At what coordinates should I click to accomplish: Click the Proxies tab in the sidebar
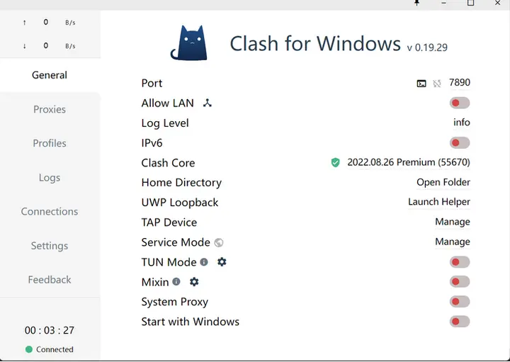click(x=50, y=110)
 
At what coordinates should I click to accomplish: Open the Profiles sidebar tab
click(x=50, y=143)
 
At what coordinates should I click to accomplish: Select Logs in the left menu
click(x=50, y=178)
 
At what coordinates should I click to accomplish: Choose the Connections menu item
click(x=50, y=212)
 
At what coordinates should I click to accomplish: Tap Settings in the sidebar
click(x=50, y=246)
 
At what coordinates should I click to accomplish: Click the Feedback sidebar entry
click(x=50, y=280)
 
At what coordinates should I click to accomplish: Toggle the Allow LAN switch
click(x=460, y=103)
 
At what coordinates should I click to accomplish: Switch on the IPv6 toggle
click(x=460, y=143)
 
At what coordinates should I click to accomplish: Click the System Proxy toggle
click(x=460, y=302)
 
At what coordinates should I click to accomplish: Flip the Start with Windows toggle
click(x=460, y=322)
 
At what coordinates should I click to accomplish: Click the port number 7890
click(x=460, y=83)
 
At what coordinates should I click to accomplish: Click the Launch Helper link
click(x=439, y=202)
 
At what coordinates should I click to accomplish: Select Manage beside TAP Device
click(x=453, y=222)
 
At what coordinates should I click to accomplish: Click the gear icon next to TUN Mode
click(x=222, y=262)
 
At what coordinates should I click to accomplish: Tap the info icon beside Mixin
click(x=176, y=282)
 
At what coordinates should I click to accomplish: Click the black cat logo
click(x=188, y=43)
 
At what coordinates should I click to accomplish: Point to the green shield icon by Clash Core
click(x=336, y=163)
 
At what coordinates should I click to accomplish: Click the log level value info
click(x=462, y=123)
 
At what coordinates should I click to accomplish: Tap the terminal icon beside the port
click(x=421, y=84)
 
